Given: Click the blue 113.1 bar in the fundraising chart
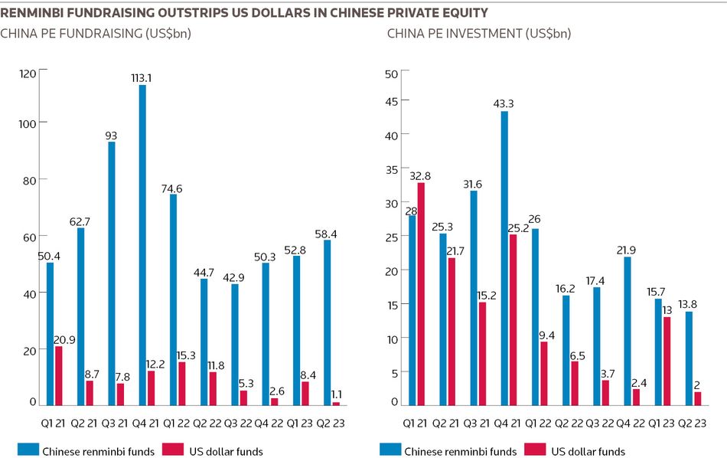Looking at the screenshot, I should click(x=142, y=245).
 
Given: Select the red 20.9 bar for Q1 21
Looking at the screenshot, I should click(x=59, y=376).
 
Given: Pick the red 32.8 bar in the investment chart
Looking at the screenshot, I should click(x=421, y=294).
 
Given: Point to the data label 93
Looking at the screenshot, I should click(x=112, y=136).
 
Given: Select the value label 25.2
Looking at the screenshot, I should click(x=520, y=227).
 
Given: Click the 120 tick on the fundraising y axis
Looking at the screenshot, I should click(x=28, y=73).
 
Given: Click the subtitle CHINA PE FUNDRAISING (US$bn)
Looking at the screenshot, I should click(x=96, y=34).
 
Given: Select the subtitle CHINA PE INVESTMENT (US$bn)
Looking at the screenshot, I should click(x=479, y=34).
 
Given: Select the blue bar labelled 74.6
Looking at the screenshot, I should click(x=174, y=299).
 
